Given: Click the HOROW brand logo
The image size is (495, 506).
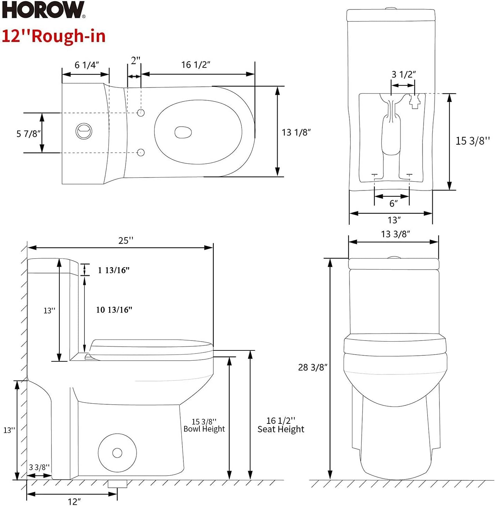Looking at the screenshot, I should [x=43, y=10].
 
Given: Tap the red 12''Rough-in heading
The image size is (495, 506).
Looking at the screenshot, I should [x=54, y=36].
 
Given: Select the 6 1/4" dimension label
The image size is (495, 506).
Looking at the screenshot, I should [x=87, y=65].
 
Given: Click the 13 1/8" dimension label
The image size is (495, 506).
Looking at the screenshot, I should [x=296, y=132].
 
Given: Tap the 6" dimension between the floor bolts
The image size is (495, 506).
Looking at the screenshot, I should [x=393, y=203].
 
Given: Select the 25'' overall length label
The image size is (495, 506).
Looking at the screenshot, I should [x=126, y=241].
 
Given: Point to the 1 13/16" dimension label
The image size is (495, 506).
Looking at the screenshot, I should [x=114, y=270].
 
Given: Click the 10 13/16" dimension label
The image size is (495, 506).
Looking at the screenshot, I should [x=114, y=310].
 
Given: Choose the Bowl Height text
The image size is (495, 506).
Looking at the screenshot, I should [x=204, y=429].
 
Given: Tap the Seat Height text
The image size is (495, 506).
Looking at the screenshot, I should [x=281, y=429].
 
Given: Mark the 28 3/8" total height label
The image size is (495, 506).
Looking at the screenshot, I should [x=313, y=367].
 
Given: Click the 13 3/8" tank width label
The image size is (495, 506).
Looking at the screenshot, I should [x=395, y=234].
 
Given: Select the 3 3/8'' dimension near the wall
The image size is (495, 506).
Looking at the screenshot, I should [x=39, y=467].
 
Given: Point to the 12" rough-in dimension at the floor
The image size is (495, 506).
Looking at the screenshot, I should [x=74, y=501].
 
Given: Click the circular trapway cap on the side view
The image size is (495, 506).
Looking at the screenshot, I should [x=117, y=453].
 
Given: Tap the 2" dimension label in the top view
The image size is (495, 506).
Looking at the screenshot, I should [x=135, y=61].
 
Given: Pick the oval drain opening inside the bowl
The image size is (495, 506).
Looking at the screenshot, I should [x=183, y=132].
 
